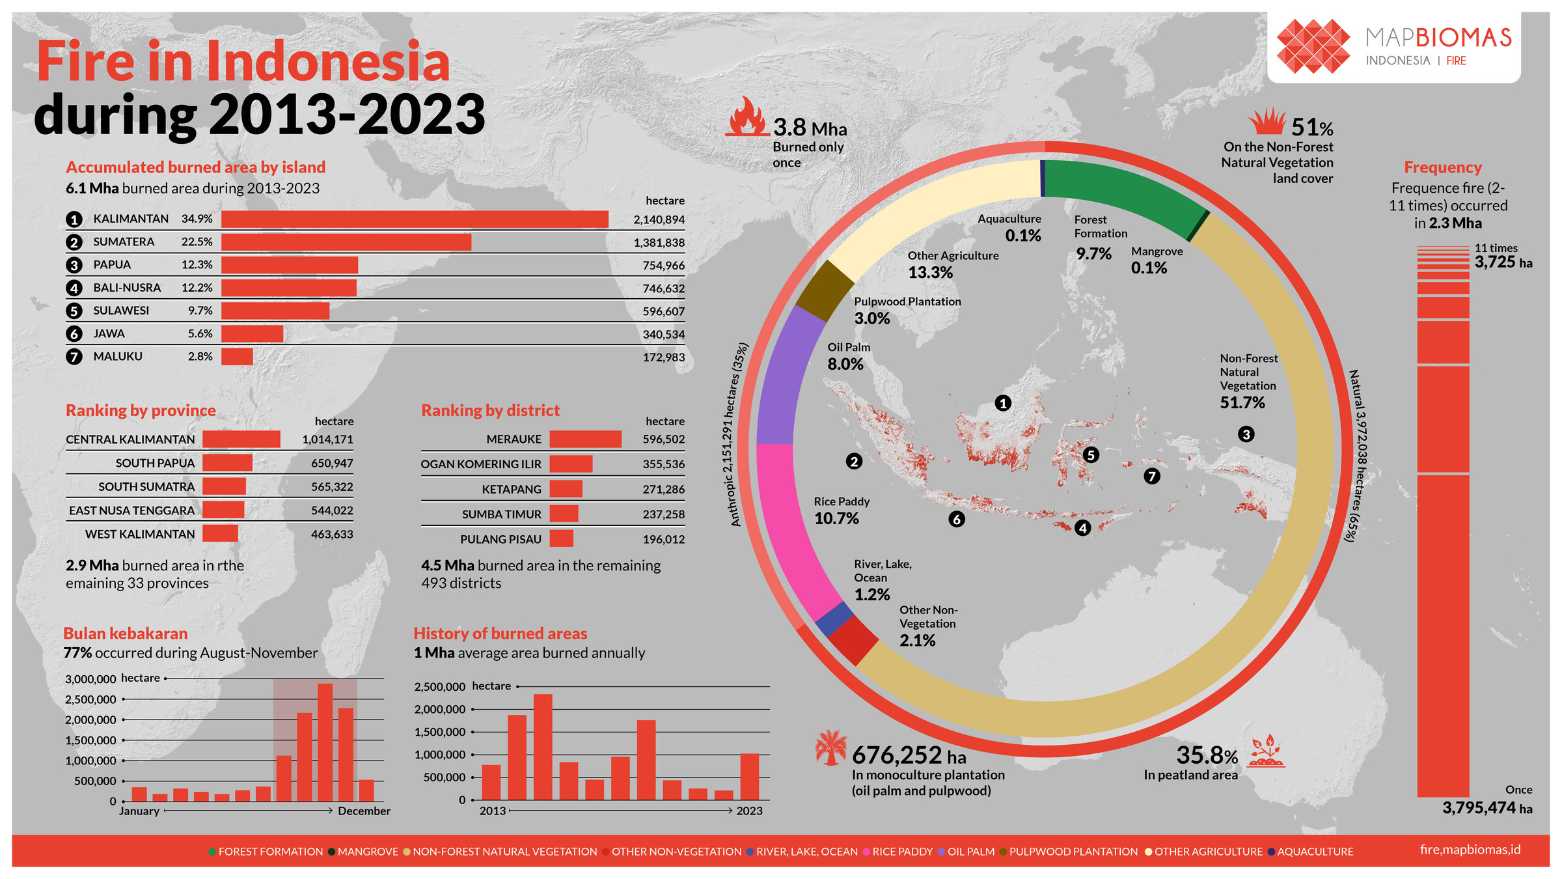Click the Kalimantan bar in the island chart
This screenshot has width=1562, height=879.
click(415, 219)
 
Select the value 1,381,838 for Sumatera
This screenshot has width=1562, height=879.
click(659, 243)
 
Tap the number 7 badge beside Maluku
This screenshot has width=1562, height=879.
click(74, 357)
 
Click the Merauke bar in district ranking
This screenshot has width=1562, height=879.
click(585, 439)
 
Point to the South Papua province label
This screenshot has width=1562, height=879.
click(155, 463)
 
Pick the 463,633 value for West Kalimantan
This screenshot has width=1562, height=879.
click(332, 535)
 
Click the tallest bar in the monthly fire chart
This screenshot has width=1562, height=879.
click(325, 742)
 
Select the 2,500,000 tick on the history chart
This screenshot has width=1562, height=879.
click(440, 687)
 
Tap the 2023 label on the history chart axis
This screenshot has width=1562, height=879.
click(749, 811)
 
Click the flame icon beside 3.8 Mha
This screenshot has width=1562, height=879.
click(747, 118)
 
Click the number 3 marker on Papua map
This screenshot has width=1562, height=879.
click(1246, 434)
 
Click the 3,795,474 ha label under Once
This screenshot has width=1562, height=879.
click(1487, 808)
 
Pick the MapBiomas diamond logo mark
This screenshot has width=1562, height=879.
click(1313, 46)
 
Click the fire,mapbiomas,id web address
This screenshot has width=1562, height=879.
click(1470, 850)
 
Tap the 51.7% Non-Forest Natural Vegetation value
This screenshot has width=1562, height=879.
click(1242, 403)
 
